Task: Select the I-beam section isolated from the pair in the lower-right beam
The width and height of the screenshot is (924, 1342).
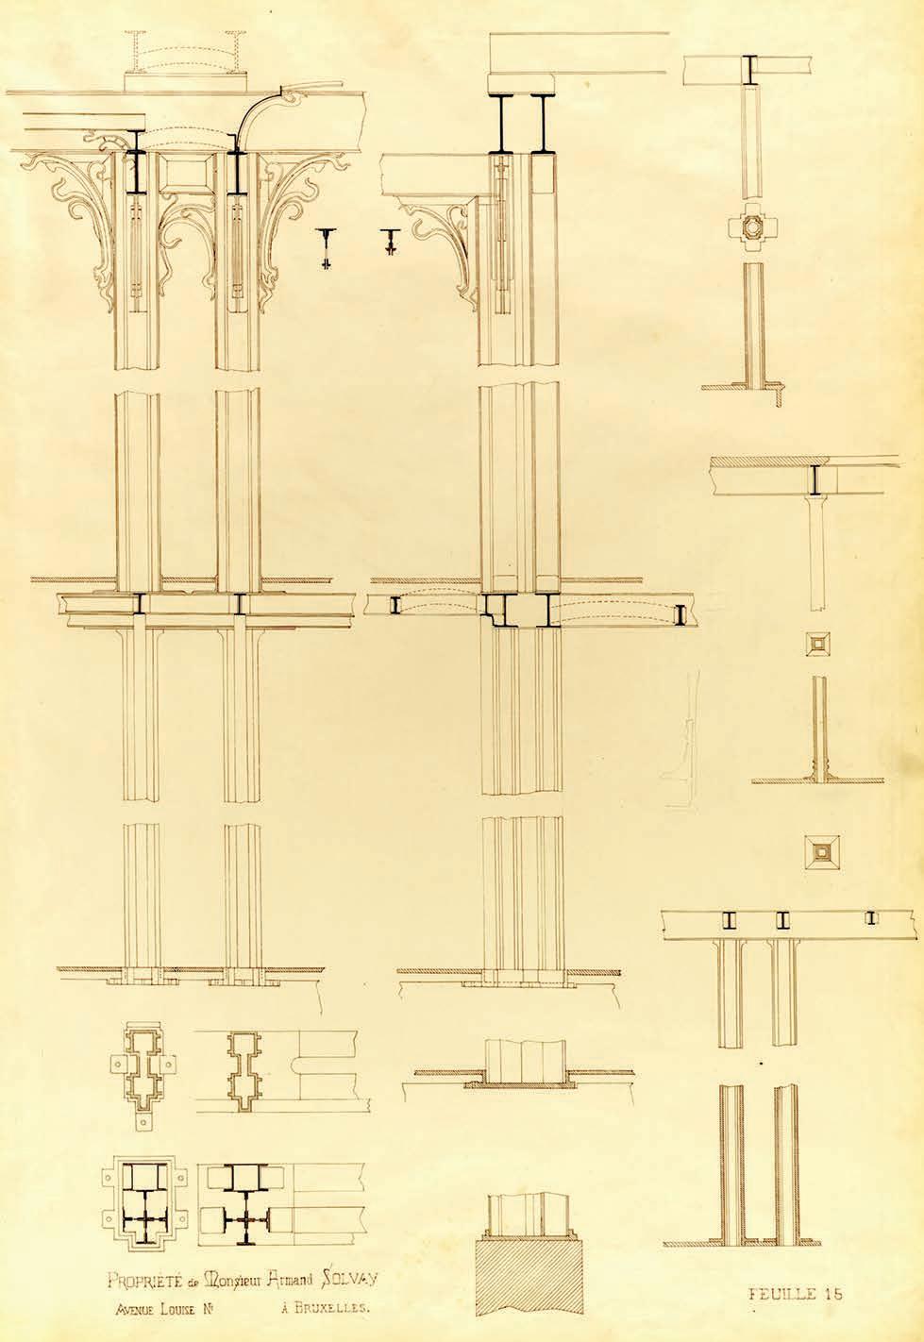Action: point(869,917)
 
